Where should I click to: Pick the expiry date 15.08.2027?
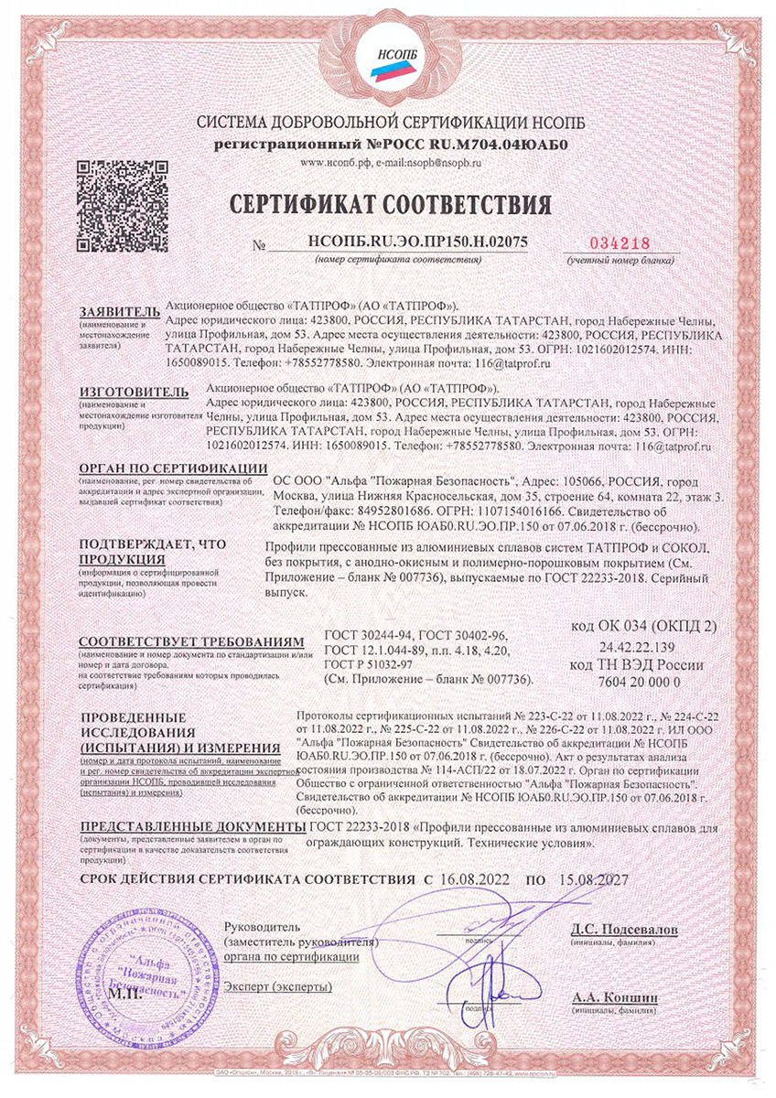click(x=590, y=878)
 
